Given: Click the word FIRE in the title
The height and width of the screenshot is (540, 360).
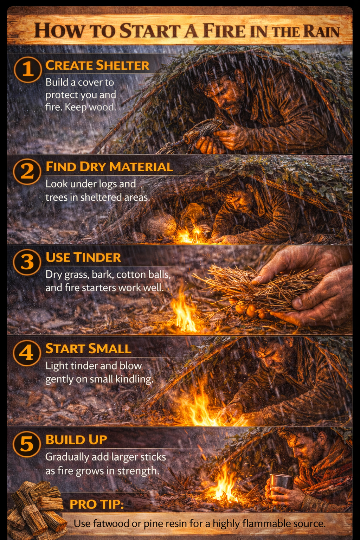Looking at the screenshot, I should click(x=224, y=31).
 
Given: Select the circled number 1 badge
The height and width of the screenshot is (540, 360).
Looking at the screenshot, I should click(x=28, y=69).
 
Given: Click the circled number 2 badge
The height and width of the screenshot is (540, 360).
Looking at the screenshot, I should click(x=27, y=171).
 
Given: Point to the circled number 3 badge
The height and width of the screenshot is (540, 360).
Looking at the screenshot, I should click(x=27, y=262).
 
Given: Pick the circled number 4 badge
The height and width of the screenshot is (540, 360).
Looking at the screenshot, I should click(x=27, y=353).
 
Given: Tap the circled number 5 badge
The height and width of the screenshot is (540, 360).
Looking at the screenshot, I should click(x=27, y=444).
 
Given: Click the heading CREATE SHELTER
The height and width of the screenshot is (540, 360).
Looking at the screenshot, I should click(x=97, y=65).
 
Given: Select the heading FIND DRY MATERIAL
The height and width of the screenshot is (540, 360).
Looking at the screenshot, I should click(x=109, y=167).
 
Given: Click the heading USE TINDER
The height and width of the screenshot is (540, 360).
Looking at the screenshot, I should click(x=83, y=257).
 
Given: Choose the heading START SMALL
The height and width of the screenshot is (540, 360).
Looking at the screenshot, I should click(x=88, y=348).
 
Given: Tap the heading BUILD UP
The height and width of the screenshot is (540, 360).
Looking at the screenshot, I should click(x=76, y=439).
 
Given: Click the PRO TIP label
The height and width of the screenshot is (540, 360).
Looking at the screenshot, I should click(x=97, y=504).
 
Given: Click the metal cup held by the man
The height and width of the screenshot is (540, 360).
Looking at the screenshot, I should click(x=281, y=482).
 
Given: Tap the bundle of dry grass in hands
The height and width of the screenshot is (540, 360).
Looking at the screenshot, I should click(x=260, y=287).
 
